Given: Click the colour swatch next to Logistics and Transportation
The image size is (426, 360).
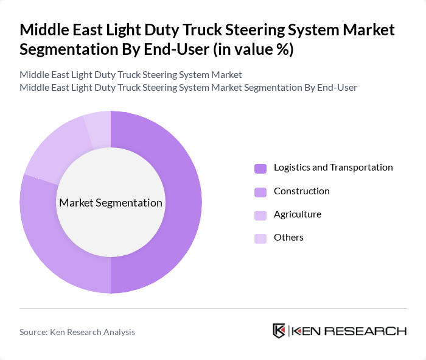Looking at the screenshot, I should [x=260, y=168].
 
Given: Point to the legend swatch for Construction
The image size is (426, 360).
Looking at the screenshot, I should [x=260, y=192].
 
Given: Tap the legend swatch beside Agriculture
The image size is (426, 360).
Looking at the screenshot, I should [x=260, y=215].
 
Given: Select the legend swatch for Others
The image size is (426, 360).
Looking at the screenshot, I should [x=260, y=238].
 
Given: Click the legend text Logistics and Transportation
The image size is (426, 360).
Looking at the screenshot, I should [x=333, y=168].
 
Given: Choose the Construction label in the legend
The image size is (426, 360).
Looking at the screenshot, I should [x=301, y=191].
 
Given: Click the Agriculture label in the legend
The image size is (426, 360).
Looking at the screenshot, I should [x=297, y=214].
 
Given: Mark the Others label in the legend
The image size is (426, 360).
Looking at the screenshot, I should [x=288, y=238].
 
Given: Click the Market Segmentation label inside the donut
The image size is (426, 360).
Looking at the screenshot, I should [x=111, y=203].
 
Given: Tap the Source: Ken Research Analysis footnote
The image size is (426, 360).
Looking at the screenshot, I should [x=77, y=332].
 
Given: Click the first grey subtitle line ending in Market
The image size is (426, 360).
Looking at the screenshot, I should [x=131, y=74].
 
